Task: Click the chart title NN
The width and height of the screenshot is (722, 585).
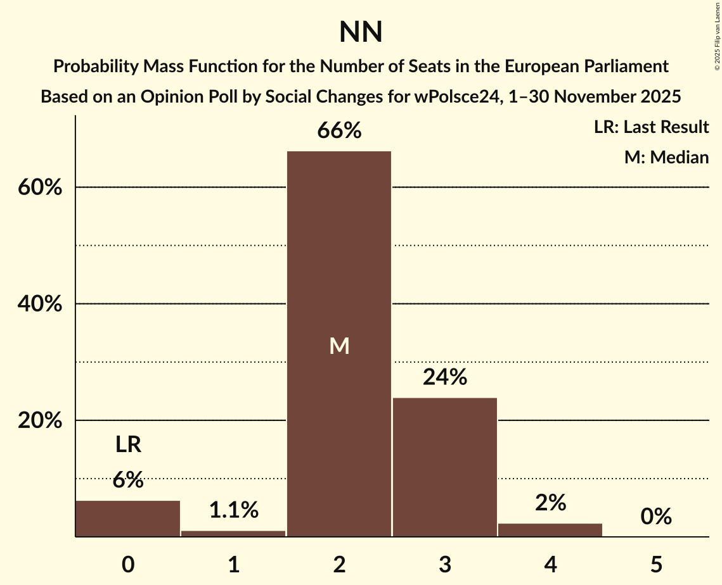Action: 361,32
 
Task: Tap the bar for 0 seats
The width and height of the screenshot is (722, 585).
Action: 128,519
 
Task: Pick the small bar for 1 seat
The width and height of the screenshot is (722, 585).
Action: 233,534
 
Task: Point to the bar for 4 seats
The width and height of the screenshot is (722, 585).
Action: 550,530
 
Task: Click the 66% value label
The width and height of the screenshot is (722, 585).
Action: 339,131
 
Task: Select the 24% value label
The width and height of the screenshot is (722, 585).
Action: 444,377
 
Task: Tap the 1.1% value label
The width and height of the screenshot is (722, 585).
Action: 233,509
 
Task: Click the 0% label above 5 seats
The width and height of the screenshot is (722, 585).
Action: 655,517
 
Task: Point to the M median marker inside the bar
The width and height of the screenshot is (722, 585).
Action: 339,346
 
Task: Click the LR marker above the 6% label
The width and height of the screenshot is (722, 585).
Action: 128,445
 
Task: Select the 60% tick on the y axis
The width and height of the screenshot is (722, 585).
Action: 39,188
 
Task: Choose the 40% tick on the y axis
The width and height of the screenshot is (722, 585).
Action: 39,305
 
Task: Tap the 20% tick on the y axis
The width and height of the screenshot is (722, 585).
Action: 39,421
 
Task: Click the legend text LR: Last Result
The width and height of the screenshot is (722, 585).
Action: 651,127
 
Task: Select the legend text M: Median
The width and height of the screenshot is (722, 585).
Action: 666,157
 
